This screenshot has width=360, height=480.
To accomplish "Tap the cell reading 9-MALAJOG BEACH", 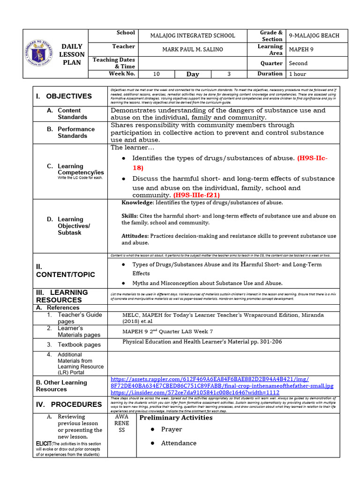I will click(x=314, y=36).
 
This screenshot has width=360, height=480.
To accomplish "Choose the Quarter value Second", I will click(x=299, y=63).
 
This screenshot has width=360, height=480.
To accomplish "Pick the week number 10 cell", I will click(x=157, y=74).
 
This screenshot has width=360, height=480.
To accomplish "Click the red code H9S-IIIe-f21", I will click(x=196, y=195).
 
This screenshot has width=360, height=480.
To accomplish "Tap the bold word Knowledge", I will click(x=137, y=202).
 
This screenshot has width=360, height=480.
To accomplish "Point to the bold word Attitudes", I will click(x=135, y=236).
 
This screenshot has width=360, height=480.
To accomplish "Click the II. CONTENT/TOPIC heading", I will click(x=65, y=270).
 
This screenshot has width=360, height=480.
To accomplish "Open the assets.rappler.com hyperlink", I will click(x=210, y=379).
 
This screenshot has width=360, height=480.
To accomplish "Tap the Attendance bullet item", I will click(x=179, y=443).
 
